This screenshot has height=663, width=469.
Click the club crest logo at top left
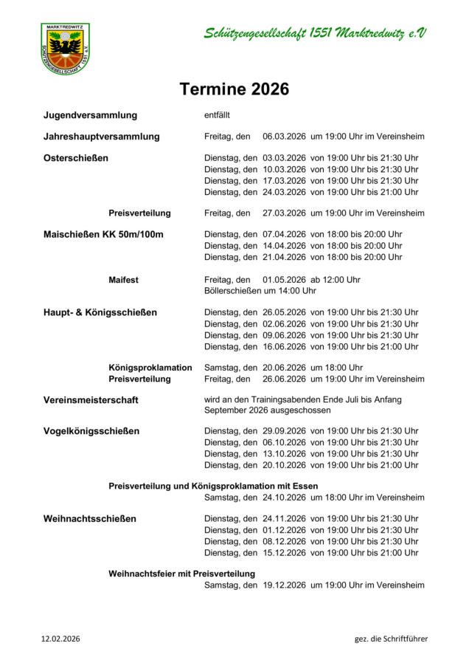pos(66,48)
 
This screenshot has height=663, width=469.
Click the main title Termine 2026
pos(234,89)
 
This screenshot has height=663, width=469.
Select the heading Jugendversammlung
pos(90,115)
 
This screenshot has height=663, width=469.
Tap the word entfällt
pos(218,115)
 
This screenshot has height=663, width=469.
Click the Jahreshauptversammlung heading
pos(101,137)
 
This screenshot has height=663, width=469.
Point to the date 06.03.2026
pos(284,137)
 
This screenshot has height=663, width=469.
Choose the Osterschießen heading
pos(76,158)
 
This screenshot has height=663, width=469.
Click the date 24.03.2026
pos(284,192)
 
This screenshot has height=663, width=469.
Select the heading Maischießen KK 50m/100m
pos(103,235)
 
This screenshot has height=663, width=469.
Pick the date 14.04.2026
pos(284,246)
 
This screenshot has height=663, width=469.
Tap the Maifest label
pos(123,280)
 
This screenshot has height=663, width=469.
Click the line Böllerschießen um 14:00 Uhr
pos(260,291)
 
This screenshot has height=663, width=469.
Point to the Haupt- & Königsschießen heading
pos(100,312)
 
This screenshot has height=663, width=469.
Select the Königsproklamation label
pos(150,367)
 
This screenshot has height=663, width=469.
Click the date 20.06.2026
pos(284,367)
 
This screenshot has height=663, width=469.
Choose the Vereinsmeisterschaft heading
pos(91,399)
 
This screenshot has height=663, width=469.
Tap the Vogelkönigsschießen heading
pos(91,431)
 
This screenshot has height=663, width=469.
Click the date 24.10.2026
pos(284,498)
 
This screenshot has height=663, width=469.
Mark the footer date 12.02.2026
pos(60,639)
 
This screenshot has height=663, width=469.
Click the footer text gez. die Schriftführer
pos(391,639)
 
